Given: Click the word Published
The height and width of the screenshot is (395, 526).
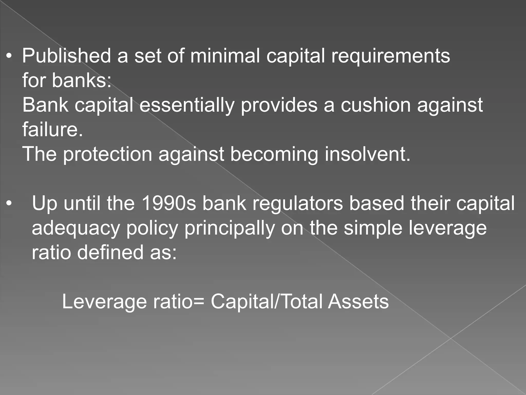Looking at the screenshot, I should (67, 56).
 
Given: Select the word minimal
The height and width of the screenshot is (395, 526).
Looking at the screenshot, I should (225, 56).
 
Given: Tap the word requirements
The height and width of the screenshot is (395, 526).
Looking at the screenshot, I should (390, 56).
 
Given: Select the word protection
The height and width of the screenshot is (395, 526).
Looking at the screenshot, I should (108, 154).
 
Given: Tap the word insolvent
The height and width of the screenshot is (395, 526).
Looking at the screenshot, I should (368, 154).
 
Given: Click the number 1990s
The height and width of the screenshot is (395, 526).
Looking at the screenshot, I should (168, 203).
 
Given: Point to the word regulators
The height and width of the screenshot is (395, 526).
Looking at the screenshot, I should (298, 203).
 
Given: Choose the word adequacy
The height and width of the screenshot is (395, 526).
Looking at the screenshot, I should (76, 228).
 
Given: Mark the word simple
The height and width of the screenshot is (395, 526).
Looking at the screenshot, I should (373, 228).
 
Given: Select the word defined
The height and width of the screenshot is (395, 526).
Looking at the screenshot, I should (110, 252).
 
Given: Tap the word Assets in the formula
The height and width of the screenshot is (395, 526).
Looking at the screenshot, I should (358, 302).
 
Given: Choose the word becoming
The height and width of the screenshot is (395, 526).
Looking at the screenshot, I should (274, 154).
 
